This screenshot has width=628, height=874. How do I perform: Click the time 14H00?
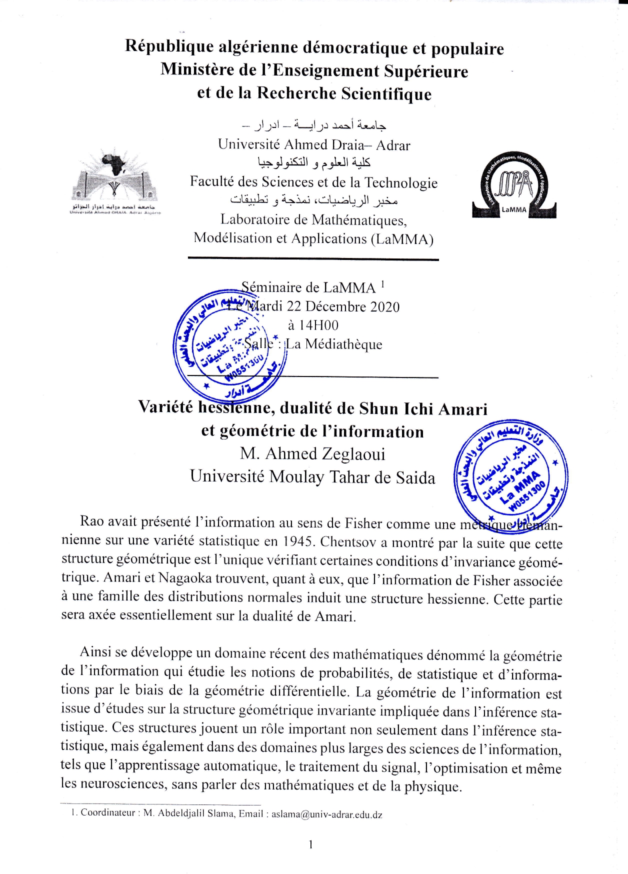(x=313, y=325)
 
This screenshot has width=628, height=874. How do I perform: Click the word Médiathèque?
(x=343, y=344)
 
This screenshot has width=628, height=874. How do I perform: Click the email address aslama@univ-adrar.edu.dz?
(x=327, y=814)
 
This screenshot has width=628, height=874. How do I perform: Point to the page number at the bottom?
(x=310, y=844)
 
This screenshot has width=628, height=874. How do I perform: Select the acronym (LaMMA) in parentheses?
(x=402, y=239)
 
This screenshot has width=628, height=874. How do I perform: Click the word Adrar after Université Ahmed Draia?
(x=393, y=145)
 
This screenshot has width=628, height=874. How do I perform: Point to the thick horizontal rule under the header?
(x=313, y=259)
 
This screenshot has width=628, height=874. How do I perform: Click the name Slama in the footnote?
(x=220, y=813)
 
